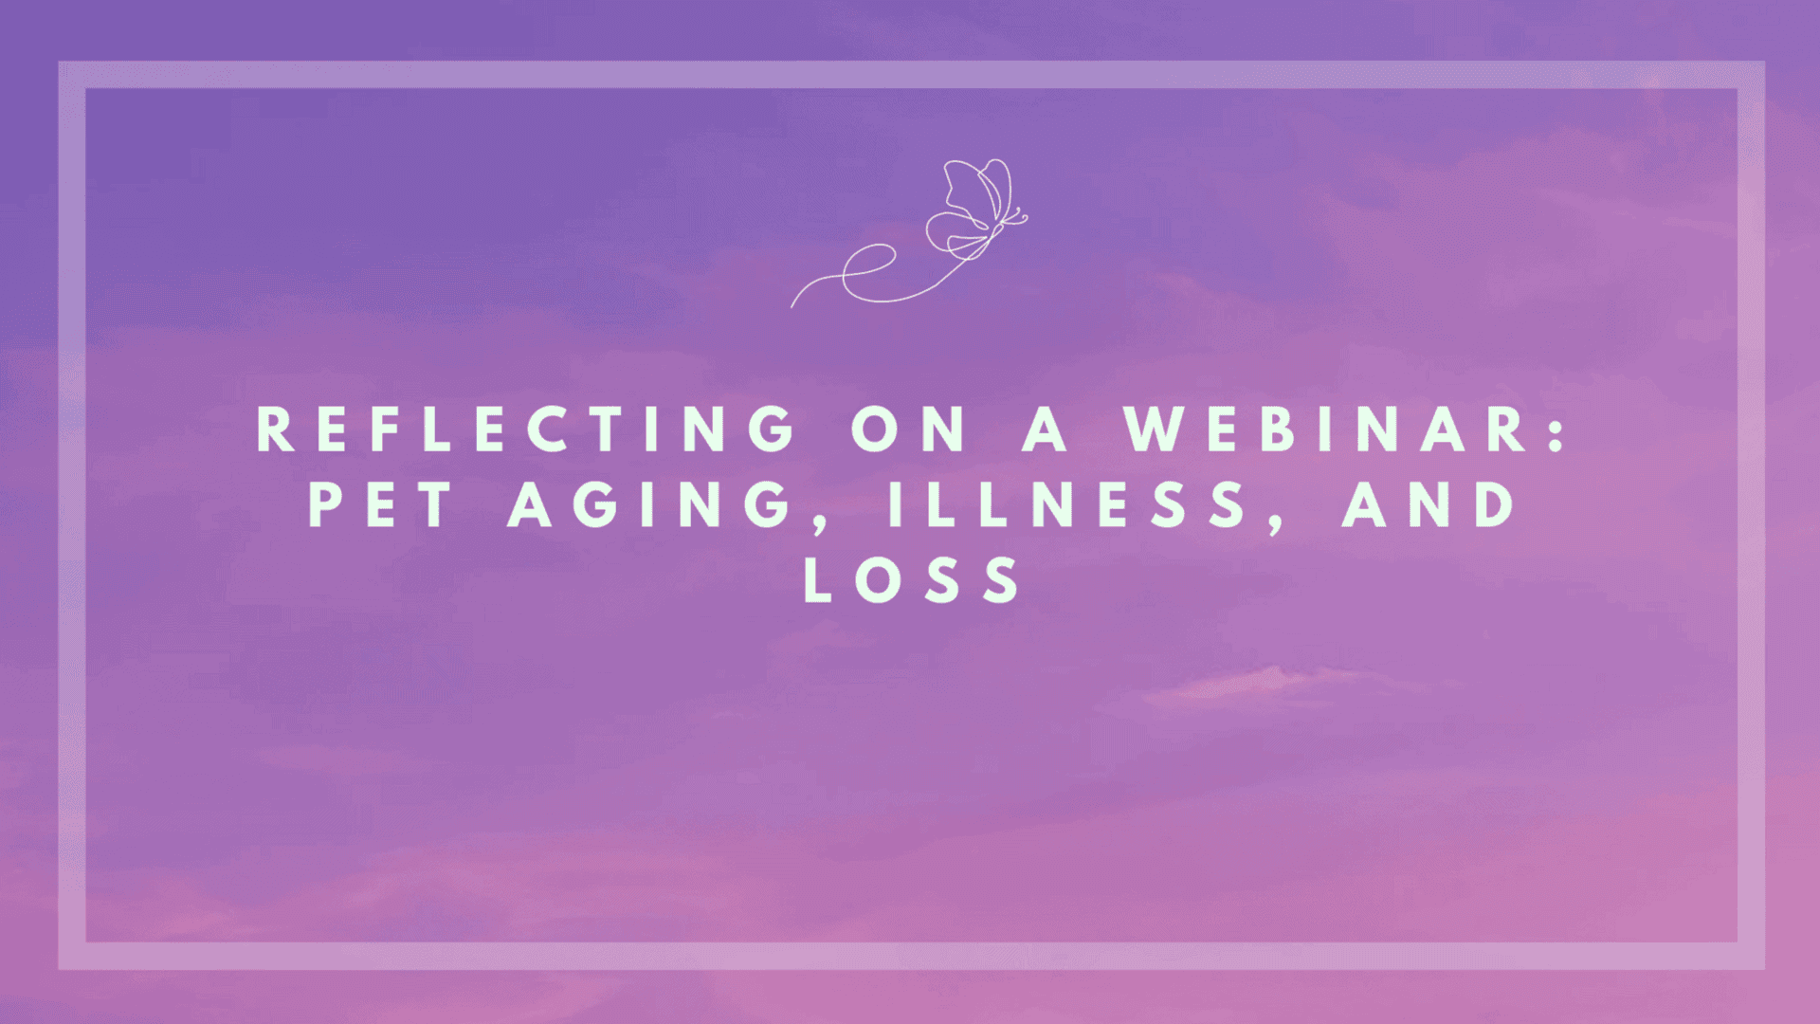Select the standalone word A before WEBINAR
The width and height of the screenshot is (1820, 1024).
point(1046,429)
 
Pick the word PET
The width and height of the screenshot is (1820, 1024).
point(380,503)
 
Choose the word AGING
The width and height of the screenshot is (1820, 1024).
point(649,503)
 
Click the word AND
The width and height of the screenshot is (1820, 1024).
point(1429,503)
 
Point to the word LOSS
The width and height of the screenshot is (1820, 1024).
point(912,579)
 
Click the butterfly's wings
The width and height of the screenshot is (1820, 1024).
point(973,207)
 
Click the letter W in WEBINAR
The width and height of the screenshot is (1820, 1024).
point(1155,429)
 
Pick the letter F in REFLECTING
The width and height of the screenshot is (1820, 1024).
point(384,429)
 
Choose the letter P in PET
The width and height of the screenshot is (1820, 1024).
point(325,503)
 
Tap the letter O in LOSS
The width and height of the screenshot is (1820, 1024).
point(878,579)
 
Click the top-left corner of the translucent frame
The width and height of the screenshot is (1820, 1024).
point(59,62)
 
